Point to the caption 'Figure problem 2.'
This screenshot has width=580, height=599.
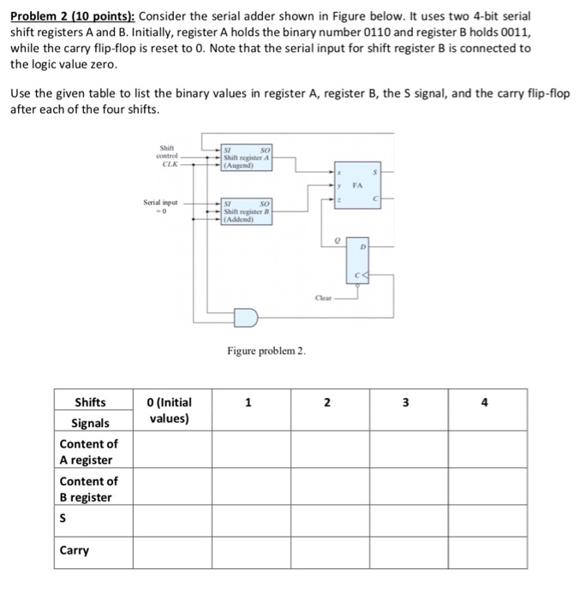tap(266, 351)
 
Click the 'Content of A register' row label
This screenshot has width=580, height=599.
tap(88, 452)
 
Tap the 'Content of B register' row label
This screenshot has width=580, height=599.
tap(88, 489)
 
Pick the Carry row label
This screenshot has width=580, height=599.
tap(75, 550)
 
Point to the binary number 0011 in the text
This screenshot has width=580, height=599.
tap(503, 33)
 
